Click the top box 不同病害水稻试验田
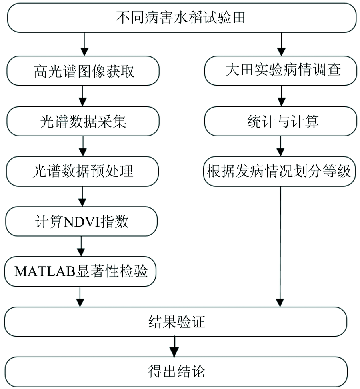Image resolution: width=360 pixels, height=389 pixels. [x=182, y=18]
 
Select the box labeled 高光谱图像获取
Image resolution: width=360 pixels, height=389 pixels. [x=83, y=71]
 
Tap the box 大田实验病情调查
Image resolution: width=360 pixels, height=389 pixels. [x=280, y=71]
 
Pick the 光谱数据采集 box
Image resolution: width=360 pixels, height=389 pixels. [x=83, y=121]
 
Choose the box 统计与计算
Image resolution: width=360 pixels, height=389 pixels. [x=280, y=121]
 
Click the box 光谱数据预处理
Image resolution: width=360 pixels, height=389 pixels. [x=82, y=172]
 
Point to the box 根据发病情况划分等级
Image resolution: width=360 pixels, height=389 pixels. [x=280, y=172]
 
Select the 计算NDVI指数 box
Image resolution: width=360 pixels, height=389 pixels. [x=82, y=221]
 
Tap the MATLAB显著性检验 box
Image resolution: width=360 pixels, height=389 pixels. [x=80, y=271]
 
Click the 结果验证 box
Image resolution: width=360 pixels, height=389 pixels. [x=176, y=322]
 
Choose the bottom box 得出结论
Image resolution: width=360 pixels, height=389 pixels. [x=176, y=372]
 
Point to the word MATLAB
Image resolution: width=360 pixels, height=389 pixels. [x=45, y=271]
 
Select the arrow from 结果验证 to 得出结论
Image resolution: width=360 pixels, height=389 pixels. [x=174, y=347]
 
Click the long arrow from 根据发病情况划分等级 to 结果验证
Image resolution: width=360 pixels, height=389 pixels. [x=280, y=247]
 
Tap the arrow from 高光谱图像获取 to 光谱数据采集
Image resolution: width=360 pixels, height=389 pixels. [x=83, y=96]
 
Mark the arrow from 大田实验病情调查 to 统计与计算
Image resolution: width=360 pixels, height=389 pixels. [x=281, y=96]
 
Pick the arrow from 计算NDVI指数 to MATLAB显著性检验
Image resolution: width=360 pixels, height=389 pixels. [x=81, y=246]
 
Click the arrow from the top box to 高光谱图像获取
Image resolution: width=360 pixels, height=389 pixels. [x=84, y=44]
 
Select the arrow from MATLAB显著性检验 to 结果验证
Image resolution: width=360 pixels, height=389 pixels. [x=80, y=297]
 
